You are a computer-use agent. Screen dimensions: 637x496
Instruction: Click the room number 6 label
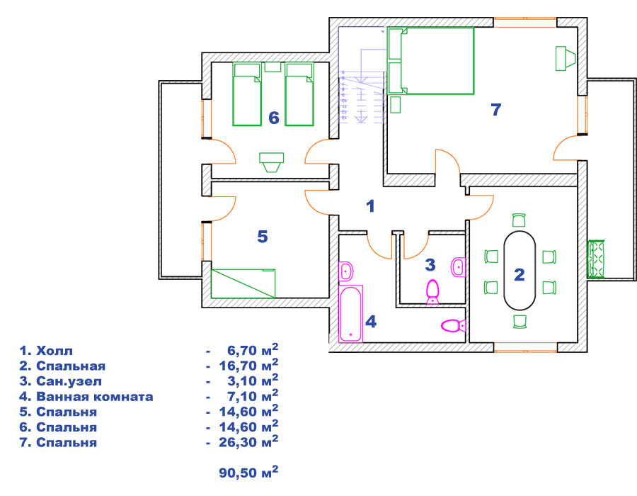point(274,118)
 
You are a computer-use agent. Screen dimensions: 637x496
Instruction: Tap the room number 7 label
point(496,110)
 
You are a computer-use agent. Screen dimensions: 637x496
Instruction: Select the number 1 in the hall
point(370,206)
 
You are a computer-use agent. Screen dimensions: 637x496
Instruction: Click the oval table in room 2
point(520,271)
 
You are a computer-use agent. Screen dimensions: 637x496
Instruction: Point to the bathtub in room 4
point(351,313)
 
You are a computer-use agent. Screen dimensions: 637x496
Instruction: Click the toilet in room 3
point(432,291)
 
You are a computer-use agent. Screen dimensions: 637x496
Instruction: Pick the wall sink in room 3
point(459,267)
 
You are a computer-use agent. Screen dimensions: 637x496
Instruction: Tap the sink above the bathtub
point(346,271)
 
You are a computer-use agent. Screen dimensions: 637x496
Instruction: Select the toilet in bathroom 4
point(454,325)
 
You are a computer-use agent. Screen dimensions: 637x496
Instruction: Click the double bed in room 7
point(430,61)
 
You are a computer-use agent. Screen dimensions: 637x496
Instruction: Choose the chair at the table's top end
point(519,220)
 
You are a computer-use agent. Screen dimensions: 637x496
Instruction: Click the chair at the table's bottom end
point(520,321)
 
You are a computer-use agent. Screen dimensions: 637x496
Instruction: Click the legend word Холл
point(54,351)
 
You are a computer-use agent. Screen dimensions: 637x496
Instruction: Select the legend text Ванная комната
point(95,396)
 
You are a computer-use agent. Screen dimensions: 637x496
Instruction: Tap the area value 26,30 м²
point(248,441)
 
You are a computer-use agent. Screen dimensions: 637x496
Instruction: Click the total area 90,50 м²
point(248,472)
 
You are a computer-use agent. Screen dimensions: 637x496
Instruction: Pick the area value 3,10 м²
point(253,381)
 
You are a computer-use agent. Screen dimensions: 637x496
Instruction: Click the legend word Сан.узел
point(69,381)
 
